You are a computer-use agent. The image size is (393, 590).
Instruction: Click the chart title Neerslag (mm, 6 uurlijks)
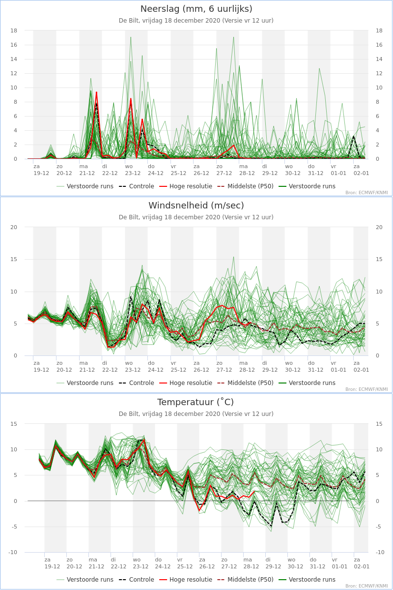click(x=196, y=9)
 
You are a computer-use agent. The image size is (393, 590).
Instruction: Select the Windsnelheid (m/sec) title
click(x=196, y=206)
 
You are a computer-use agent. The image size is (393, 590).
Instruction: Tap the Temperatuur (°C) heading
click(x=196, y=402)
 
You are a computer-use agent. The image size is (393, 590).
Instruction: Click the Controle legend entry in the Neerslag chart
click(x=137, y=186)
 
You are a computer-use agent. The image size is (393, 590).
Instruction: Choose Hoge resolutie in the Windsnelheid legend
click(x=186, y=383)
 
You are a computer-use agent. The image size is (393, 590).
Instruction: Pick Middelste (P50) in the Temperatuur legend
click(x=246, y=580)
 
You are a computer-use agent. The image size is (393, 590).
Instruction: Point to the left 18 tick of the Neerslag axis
click(x=14, y=30)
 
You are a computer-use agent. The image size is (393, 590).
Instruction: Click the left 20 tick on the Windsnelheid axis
click(x=14, y=227)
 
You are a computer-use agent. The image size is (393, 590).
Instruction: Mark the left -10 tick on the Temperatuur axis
click(x=13, y=552)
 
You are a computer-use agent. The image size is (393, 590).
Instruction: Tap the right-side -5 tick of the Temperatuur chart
click(x=378, y=527)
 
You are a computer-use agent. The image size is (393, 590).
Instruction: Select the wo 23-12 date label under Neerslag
click(x=133, y=170)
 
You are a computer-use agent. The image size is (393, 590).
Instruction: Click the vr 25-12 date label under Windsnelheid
click(x=178, y=366)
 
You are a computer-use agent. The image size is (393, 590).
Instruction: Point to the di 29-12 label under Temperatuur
click(x=273, y=563)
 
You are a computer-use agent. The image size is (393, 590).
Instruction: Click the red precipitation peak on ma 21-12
click(x=96, y=92)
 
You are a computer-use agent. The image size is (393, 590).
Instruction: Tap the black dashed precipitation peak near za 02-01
click(x=354, y=136)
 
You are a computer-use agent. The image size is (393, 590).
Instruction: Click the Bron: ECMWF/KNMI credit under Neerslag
click(x=366, y=193)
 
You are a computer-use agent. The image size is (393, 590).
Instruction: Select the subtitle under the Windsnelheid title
click(x=196, y=217)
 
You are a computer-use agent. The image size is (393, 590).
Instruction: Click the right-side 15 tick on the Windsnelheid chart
click(x=379, y=260)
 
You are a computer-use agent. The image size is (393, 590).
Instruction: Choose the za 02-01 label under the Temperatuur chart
click(x=362, y=563)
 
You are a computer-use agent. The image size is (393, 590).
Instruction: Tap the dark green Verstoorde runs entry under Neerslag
click(x=307, y=186)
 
